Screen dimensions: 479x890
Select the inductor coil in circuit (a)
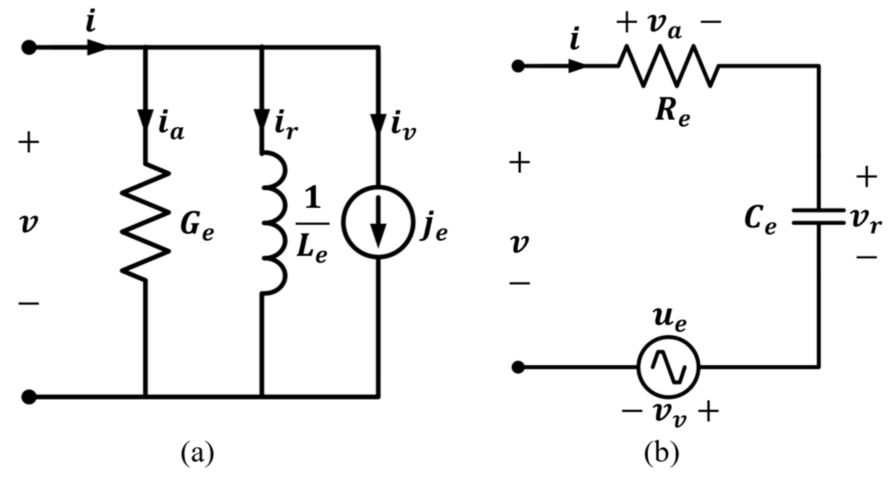pos(274,223)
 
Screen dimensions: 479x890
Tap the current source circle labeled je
pos(379,222)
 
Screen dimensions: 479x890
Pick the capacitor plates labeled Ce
pos(819,216)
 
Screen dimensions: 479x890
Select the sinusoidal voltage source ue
pos(668,367)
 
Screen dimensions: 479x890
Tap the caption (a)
pos(197,453)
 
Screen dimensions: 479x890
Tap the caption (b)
pos(662,453)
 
